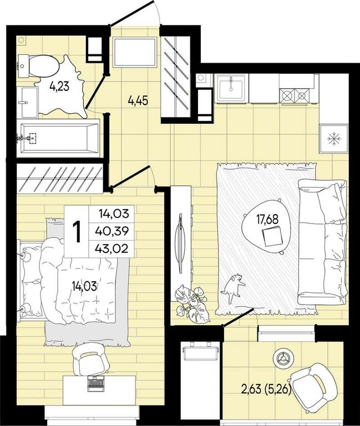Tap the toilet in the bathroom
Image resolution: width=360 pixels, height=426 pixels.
[x=39, y=66]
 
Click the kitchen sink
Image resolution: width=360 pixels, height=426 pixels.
[x=231, y=88]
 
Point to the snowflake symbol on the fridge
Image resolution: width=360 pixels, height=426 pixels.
[x=333, y=139]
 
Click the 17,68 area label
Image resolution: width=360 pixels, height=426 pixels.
[x=267, y=220]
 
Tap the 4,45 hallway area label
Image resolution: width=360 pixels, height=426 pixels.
[x=138, y=101]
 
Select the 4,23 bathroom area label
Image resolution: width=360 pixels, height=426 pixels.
[x=59, y=87]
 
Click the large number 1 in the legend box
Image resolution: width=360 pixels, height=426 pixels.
[x=77, y=231]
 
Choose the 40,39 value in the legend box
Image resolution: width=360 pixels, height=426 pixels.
[x=112, y=231]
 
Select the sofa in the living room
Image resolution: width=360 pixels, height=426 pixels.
[x=322, y=242]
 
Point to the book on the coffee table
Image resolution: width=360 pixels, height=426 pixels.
[x=272, y=236]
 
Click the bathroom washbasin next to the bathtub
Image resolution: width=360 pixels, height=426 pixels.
[x=27, y=103]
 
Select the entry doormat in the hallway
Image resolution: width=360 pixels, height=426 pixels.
[x=135, y=52]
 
